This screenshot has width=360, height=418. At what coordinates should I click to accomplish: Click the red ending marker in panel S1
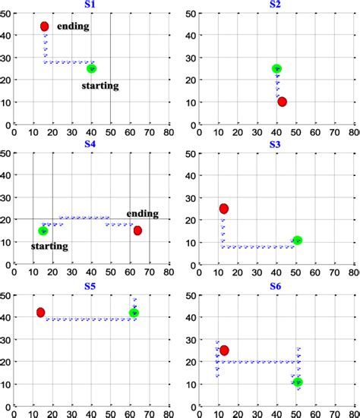coord(45,27)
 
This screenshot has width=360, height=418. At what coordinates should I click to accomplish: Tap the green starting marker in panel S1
coord(92,68)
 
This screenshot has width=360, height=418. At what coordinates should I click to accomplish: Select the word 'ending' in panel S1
coord(73,27)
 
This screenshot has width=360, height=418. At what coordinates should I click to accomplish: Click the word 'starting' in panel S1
coord(100,86)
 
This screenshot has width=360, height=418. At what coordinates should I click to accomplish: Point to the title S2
coord(275,5)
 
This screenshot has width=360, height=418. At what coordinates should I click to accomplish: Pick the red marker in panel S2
coord(283,102)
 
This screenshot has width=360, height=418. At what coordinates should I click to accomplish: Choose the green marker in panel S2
coord(276,69)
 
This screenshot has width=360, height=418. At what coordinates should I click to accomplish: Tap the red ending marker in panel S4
coord(137,231)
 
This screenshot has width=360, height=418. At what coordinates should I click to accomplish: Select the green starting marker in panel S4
coord(43,231)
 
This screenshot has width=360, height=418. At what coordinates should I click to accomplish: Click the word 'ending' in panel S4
coord(141,213)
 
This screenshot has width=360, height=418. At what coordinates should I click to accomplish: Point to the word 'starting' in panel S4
coord(49,246)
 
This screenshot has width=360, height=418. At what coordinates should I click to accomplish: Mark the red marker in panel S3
coord(224,209)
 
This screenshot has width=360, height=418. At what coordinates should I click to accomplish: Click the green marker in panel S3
coord(297,240)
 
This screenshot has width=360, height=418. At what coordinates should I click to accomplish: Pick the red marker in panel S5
coord(40,312)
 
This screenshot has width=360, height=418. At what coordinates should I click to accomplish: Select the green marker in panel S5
coord(134,313)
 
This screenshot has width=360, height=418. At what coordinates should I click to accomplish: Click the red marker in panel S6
coord(224,350)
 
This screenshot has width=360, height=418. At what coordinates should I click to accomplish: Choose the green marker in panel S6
coord(298,382)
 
